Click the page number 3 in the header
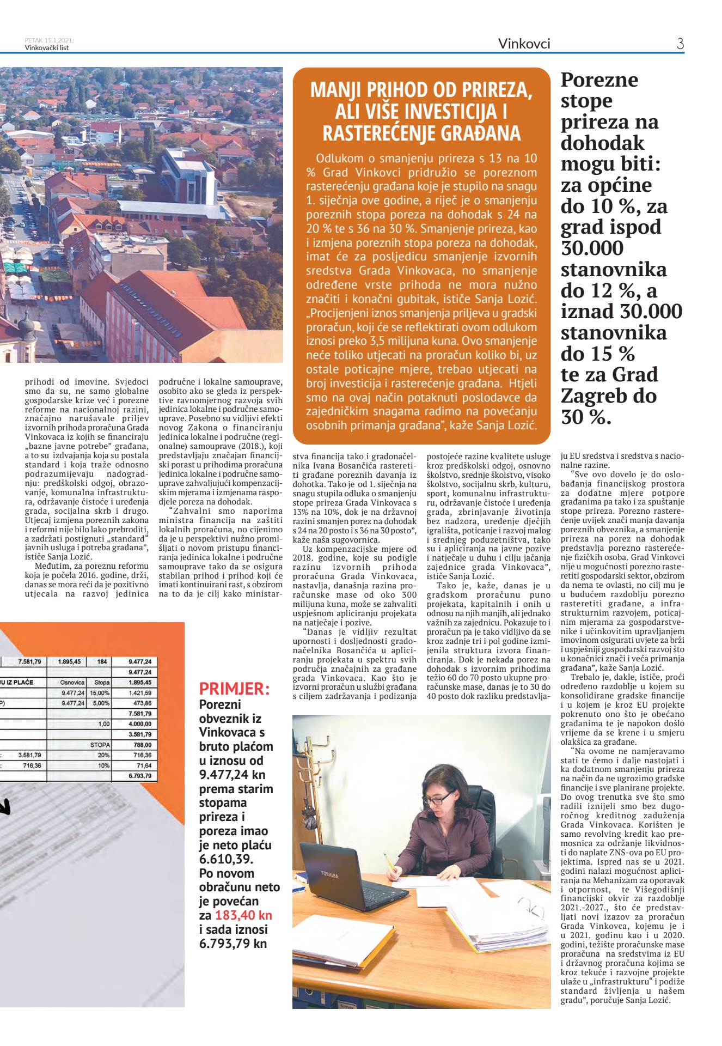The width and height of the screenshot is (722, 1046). tap(680, 44)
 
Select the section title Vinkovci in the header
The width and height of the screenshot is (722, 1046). tap(524, 44)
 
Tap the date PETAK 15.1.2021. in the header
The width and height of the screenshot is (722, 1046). tap(49, 40)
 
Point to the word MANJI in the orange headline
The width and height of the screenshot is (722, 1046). tap(336, 90)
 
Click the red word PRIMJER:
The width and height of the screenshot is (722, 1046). tap(234, 689)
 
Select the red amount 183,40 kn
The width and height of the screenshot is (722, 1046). tap(243, 915)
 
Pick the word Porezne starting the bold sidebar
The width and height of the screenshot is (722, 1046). tap(599, 80)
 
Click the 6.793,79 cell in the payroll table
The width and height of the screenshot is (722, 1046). tap(140, 776)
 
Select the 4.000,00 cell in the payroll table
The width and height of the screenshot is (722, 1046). tap(140, 724)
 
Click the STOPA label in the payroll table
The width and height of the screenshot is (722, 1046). tap(100, 745)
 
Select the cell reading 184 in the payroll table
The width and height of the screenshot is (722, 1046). tap(102, 662)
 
